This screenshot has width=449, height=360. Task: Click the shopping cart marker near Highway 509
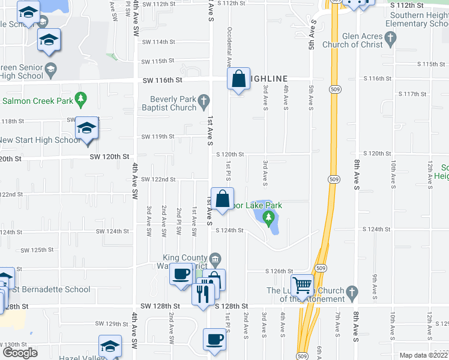(x=302, y=286)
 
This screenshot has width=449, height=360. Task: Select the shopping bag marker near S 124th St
(x=222, y=199)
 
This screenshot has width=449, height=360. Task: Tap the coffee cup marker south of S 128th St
(x=214, y=339)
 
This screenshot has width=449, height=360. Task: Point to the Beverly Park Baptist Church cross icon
(x=204, y=100)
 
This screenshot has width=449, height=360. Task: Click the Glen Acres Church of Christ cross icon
(x=391, y=39)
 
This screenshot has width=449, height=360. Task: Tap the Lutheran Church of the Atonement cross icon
(x=352, y=292)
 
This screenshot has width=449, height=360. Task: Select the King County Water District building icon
(x=216, y=259)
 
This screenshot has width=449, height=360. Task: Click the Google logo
(x=20, y=353)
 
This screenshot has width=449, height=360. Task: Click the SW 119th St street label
(x=158, y=136)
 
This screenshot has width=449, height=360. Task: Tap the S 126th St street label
(x=280, y=271)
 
